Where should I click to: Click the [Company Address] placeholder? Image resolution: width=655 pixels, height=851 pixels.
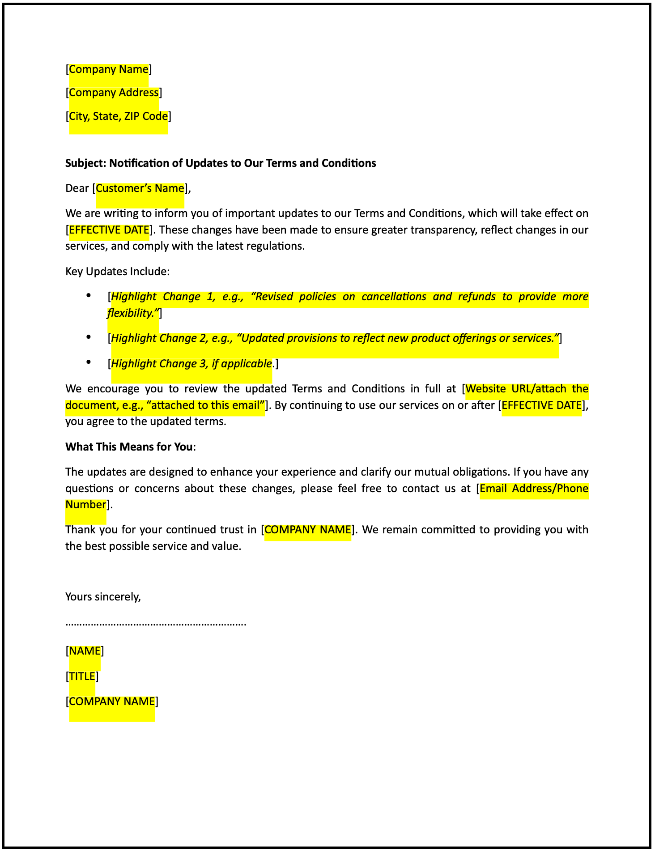click(x=114, y=93)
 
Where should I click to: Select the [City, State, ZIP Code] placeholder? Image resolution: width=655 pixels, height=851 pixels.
click(x=119, y=116)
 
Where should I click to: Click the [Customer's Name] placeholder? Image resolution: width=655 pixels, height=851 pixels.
click(x=140, y=188)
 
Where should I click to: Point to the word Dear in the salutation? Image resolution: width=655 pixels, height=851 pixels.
click(x=77, y=188)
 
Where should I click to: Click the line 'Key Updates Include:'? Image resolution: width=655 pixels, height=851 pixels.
click(x=117, y=272)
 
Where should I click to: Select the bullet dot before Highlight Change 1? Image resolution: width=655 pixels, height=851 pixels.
click(x=89, y=295)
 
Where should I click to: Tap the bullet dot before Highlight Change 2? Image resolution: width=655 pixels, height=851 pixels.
click(x=89, y=337)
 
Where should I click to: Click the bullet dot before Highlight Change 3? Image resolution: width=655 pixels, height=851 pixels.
click(x=89, y=362)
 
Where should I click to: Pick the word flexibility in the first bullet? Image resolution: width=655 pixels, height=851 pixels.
click(x=132, y=313)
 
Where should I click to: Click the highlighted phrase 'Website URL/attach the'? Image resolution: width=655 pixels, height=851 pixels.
click(x=527, y=388)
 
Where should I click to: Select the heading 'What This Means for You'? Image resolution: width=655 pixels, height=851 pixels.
click(x=129, y=447)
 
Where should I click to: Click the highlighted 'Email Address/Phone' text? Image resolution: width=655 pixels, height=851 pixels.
click(x=534, y=488)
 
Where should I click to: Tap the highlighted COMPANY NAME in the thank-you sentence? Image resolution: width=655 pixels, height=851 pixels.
click(x=308, y=530)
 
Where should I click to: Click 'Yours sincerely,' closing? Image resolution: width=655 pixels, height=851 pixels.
click(x=103, y=596)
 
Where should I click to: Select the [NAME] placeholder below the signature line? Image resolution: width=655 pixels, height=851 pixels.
click(x=85, y=651)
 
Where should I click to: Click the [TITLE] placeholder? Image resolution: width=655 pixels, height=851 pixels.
click(x=82, y=676)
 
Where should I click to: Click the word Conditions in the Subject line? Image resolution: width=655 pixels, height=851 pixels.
click(x=348, y=163)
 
